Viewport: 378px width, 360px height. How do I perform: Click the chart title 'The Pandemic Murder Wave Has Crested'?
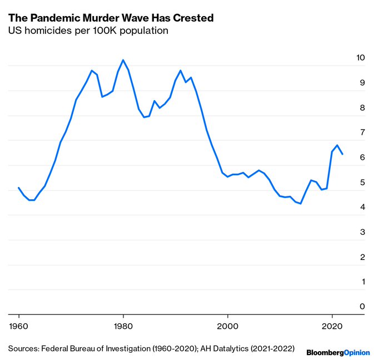(111, 18)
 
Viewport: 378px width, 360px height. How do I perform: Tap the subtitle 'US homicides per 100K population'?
(88, 31)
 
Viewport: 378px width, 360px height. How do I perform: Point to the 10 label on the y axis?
(361, 58)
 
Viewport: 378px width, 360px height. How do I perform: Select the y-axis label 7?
(363, 132)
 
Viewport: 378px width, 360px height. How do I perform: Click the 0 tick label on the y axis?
(363, 307)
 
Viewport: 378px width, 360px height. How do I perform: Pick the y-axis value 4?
(363, 207)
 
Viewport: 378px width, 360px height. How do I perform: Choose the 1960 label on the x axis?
(19, 325)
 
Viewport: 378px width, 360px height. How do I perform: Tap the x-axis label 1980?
(123, 325)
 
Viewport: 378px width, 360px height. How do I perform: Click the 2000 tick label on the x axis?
(227, 325)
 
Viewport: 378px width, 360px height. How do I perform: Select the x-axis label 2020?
(332, 325)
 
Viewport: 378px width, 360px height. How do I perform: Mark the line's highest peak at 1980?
(123, 60)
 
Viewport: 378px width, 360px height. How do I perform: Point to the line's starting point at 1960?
(19, 188)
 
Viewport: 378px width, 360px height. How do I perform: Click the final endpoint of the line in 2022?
(342, 154)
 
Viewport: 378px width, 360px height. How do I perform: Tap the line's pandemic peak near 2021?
(337, 145)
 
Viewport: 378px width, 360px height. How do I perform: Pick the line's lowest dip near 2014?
(300, 204)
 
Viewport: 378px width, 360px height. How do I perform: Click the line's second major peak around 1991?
(181, 71)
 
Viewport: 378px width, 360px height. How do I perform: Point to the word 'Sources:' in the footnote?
(25, 349)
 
